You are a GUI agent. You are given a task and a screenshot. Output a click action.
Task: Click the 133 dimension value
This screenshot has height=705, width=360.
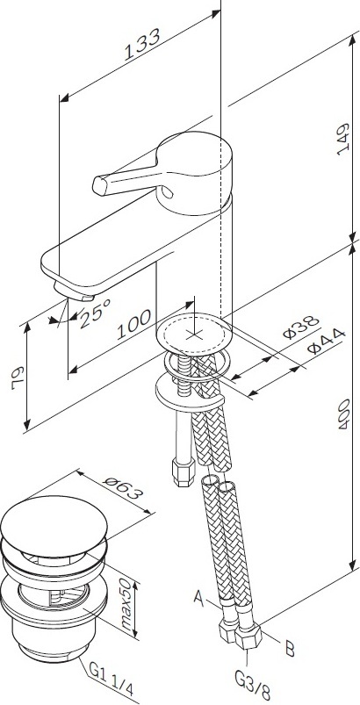tap(141, 45)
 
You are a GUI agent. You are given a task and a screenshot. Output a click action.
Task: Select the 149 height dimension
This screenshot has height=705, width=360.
tap(343, 139)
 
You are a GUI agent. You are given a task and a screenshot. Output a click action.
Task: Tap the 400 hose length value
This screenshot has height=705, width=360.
tap(344, 413)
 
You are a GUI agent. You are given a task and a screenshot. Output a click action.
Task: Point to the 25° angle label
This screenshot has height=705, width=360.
tap(95, 313)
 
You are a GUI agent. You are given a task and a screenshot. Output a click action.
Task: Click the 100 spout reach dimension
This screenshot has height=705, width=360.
tap(133, 325)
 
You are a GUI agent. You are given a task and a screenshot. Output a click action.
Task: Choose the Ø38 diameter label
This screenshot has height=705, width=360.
tap(300, 327)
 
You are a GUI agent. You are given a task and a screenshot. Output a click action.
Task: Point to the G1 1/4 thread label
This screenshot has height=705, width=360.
tap(111, 680)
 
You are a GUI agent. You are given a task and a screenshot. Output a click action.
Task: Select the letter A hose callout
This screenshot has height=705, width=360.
tap(199, 598)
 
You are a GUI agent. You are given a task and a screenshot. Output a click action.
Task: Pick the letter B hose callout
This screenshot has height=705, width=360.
tap(290, 649)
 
